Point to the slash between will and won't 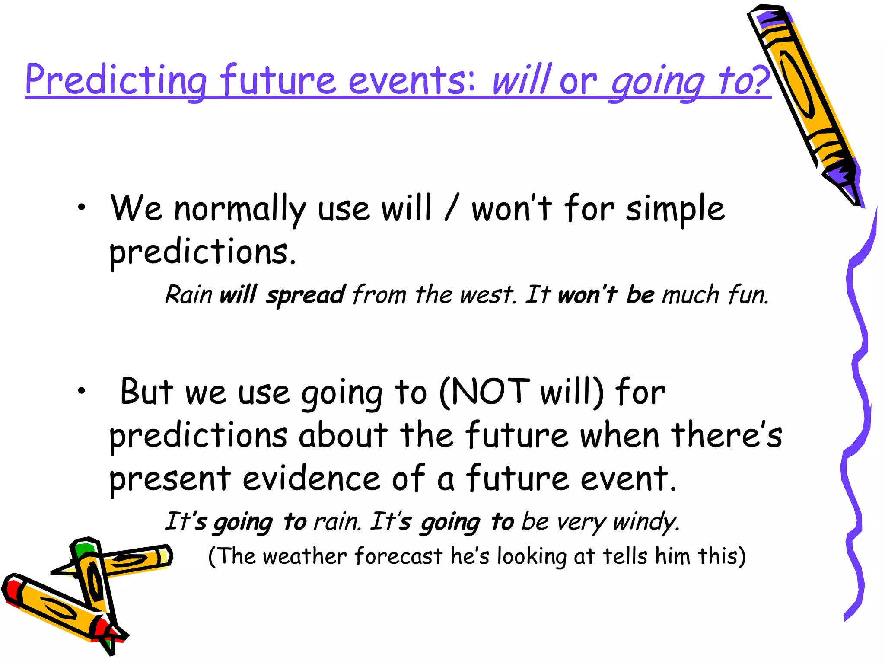coord(451,209)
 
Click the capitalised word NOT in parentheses coord(491,392)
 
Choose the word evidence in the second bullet coord(311,479)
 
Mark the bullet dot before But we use coord(81,391)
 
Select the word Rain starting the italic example coord(188,295)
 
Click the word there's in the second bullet coord(726,436)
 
